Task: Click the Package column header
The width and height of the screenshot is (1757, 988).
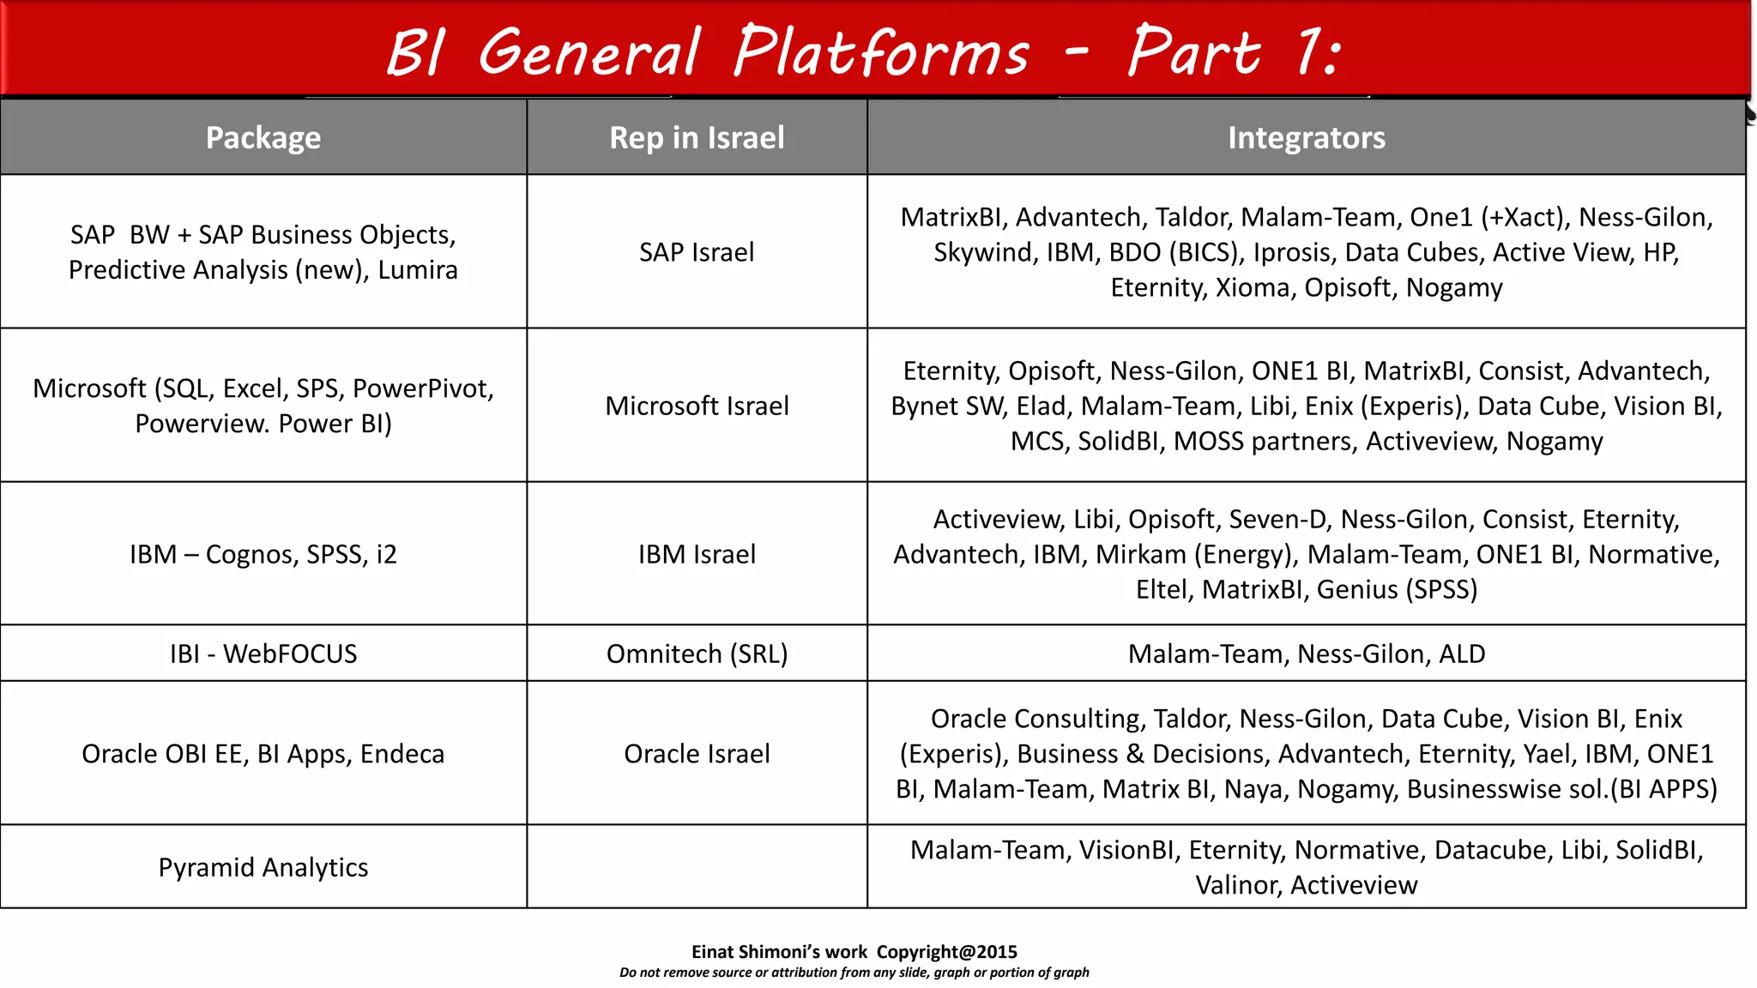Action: click(x=263, y=138)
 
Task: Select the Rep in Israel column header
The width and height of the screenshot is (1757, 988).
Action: click(x=697, y=138)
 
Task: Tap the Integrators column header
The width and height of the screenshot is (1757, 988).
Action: click(x=1306, y=138)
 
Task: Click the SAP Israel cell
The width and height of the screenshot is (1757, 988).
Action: click(x=697, y=252)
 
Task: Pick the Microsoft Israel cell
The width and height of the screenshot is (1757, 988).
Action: click(x=697, y=406)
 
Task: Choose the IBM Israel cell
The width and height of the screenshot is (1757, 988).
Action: click(x=697, y=554)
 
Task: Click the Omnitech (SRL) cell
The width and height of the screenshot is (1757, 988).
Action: click(x=697, y=654)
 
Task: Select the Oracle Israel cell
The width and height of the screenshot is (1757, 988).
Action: click(x=697, y=753)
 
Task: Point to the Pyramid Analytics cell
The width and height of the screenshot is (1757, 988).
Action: click(x=263, y=867)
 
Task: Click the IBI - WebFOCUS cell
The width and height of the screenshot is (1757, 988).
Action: click(x=263, y=654)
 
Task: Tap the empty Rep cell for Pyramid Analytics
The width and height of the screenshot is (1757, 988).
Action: click(x=697, y=867)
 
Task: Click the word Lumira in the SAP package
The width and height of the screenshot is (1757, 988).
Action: click(x=418, y=270)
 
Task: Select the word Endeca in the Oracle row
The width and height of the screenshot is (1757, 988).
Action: click(x=402, y=754)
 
